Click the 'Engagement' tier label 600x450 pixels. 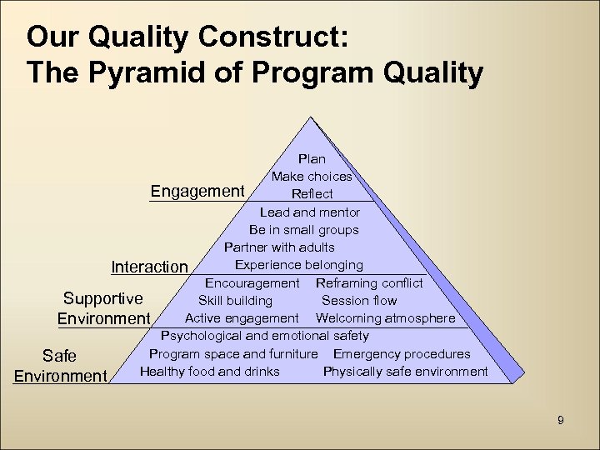tap(197, 191)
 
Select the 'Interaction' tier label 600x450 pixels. tap(150, 267)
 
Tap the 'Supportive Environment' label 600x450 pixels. tap(103, 308)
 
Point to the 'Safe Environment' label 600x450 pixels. tap(60, 366)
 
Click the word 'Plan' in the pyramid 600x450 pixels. tap(312, 158)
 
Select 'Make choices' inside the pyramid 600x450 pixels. tap(312, 176)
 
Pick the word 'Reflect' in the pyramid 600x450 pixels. tap(312, 194)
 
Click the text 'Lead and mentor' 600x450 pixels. tap(308, 212)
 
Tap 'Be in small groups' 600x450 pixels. tap(303, 230)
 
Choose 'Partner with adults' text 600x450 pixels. tap(279, 247)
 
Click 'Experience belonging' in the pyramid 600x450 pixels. tap(298, 265)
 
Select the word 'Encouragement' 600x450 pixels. tap(252, 283)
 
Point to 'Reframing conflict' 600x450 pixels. tap(369, 283)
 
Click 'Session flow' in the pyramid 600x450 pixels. tap(359, 301)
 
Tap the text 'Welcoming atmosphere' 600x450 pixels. tap(385, 318)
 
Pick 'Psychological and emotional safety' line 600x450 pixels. tap(264, 336)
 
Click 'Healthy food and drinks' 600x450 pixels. tap(210, 371)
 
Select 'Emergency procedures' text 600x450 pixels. tap(402, 353)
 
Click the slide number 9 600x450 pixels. tap(560, 420)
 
